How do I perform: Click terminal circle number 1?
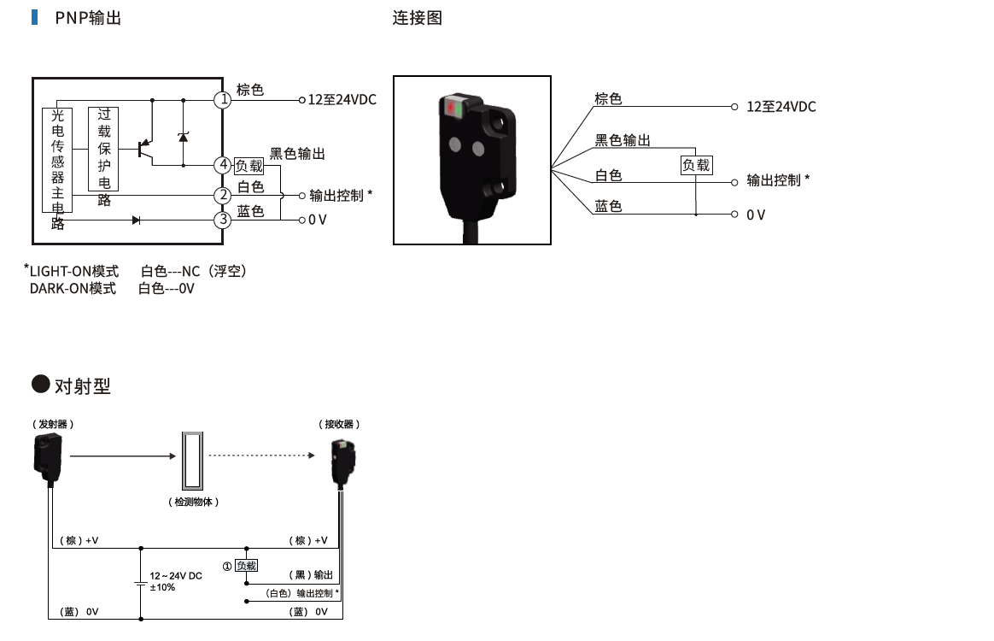pyautogui.click(x=223, y=100)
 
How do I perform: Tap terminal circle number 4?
pyautogui.click(x=223, y=165)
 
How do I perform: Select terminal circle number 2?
pyautogui.click(x=223, y=196)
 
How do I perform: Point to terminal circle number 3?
pyautogui.click(x=223, y=220)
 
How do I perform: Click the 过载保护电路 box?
pyautogui.click(x=103, y=150)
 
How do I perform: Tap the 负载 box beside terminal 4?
pyautogui.click(x=249, y=166)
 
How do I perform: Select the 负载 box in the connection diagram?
pyautogui.click(x=696, y=165)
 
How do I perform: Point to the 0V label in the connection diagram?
pyautogui.click(x=756, y=215)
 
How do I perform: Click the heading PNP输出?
pyautogui.click(x=88, y=18)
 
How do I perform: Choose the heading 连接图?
pyautogui.click(x=418, y=18)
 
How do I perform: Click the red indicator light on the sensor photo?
pyautogui.click(x=451, y=109)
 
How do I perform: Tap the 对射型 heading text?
pyautogui.click(x=83, y=386)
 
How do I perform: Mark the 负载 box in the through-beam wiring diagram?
pyautogui.click(x=246, y=566)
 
